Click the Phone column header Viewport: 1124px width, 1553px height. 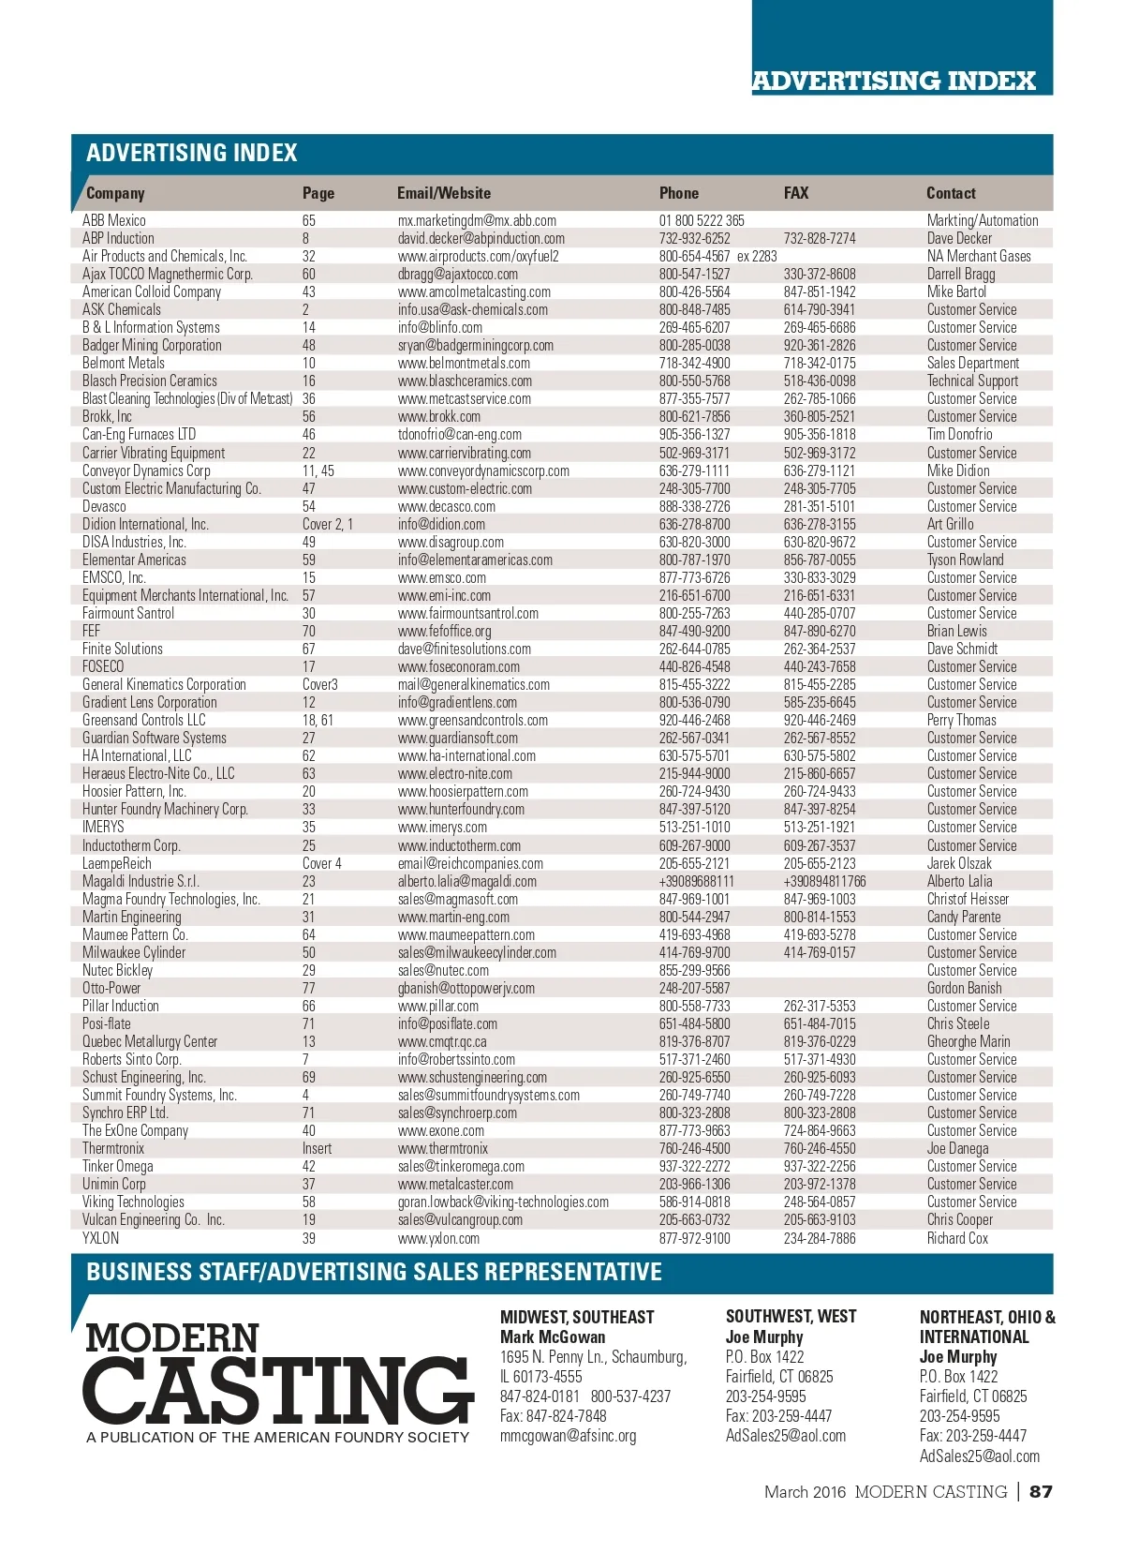[x=678, y=193]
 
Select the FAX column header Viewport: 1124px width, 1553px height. [x=795, y=193]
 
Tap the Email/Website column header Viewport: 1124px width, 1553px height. [x=443, y=193]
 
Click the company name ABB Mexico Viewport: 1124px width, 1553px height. [x=114, y=220]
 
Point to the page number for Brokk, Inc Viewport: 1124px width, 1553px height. [x=308, y=416]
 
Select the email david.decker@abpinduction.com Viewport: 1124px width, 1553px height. [x=481, y=238]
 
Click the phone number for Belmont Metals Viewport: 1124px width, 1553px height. [x=694, y=363]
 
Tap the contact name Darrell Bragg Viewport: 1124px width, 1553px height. [x=961, y=274]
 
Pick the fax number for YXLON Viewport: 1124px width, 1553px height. [x=819, y=1238]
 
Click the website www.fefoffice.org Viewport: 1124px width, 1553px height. [x=444, y=631]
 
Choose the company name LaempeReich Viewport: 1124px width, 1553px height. [x=116, y=863]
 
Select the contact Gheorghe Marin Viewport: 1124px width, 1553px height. [x=968, y=1041]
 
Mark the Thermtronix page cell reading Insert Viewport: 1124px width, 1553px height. [x=317, y=1148]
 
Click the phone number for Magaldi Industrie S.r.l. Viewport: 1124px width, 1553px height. [x=696, y=881]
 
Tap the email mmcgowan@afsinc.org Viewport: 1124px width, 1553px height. [x=568, y=1435]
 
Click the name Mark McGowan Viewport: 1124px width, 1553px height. [x=552, y=1336]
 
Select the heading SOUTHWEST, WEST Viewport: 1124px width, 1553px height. [x=791, y=1317]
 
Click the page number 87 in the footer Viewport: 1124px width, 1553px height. [x=1041, y=1491]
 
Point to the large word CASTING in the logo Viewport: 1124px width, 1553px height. [x=277, y=1391]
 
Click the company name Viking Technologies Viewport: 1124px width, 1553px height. [x=133, y=1202]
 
